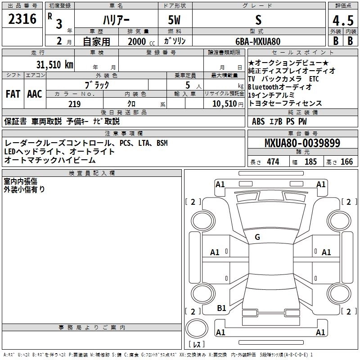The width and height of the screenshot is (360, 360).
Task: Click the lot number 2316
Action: pyautogui.click(x=22, y=19)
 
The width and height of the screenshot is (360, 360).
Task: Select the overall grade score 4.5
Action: pyautogui.click(x=343, y=20)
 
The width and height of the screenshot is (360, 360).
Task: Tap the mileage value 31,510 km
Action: pyautogui.click(x=54, y=65)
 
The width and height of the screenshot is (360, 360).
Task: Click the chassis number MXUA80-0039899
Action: pyautogui.click(x=302, y=143)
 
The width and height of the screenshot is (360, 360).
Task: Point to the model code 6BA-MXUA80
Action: pyautogui.click(x=258, y=41)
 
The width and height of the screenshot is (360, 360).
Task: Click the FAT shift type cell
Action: pyautogui.click(x=13, y=94)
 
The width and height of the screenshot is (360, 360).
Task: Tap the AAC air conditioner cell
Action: pyautogui.click(x=35, y=94)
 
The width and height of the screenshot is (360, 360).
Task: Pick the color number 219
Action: pyautogui.click(x=74, y=104)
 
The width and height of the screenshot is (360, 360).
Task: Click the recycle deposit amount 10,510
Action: pyautogui.click(x=225, y=104)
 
